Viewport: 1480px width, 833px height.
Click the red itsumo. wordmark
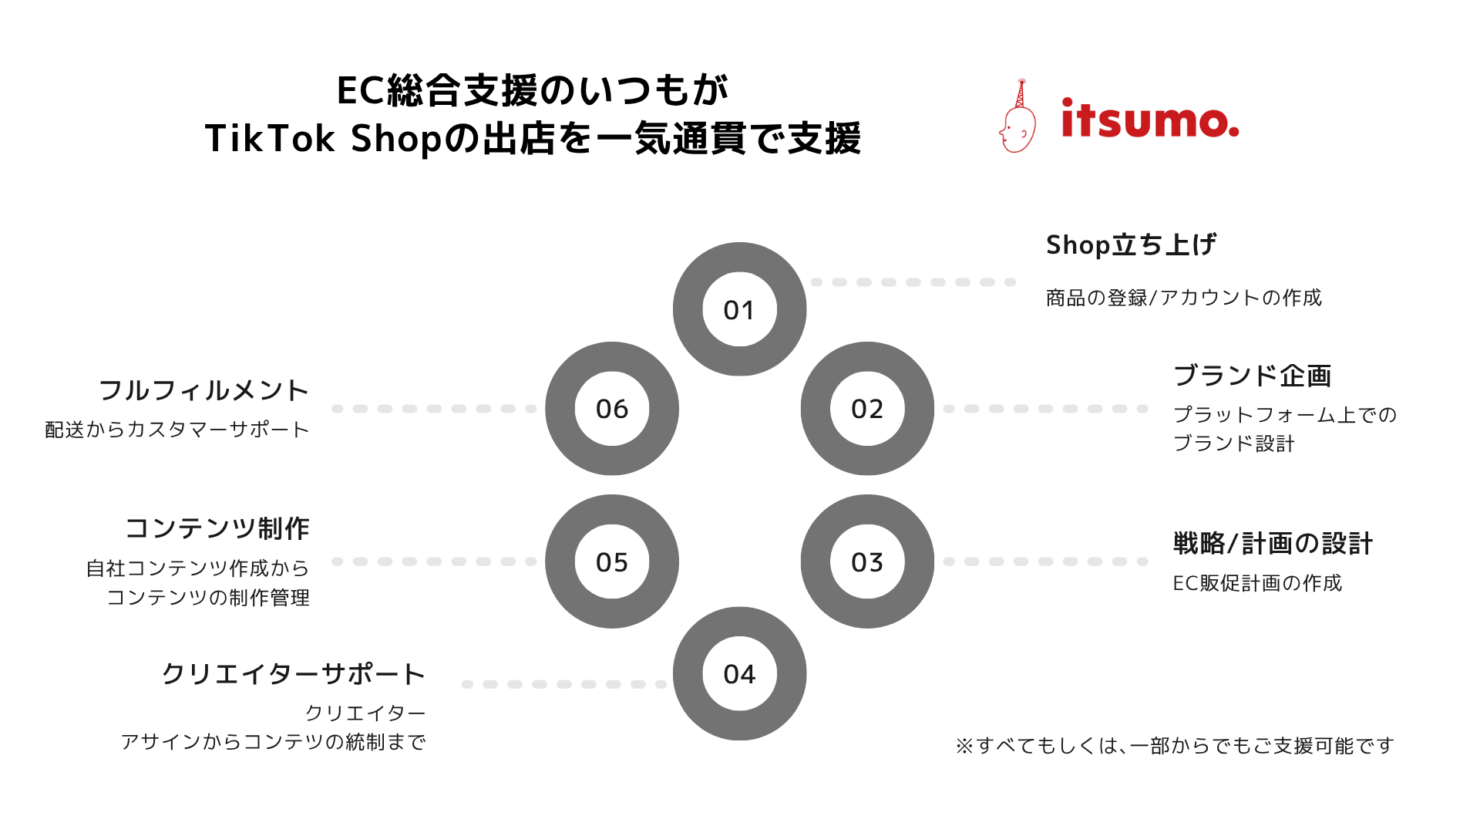click(1150, 119)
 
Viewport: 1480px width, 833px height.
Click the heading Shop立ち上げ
click(1131, 245)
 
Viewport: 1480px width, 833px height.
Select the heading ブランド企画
click(1253, 376)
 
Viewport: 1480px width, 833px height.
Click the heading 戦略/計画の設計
click(1273, 544)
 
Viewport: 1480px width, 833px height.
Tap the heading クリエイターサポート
click(293, 674)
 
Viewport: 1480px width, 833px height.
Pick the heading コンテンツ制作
click(217, 528)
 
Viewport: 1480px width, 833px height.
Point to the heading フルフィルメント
click(204, 390)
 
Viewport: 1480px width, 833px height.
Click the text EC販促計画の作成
click(1257, 583)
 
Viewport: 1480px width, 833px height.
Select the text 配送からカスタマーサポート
click(177, 430)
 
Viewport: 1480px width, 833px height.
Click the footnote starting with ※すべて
click(1175, 746)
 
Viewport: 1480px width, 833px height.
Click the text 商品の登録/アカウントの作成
click(1184, 298)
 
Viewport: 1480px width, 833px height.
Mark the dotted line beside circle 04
click(564, 684)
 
